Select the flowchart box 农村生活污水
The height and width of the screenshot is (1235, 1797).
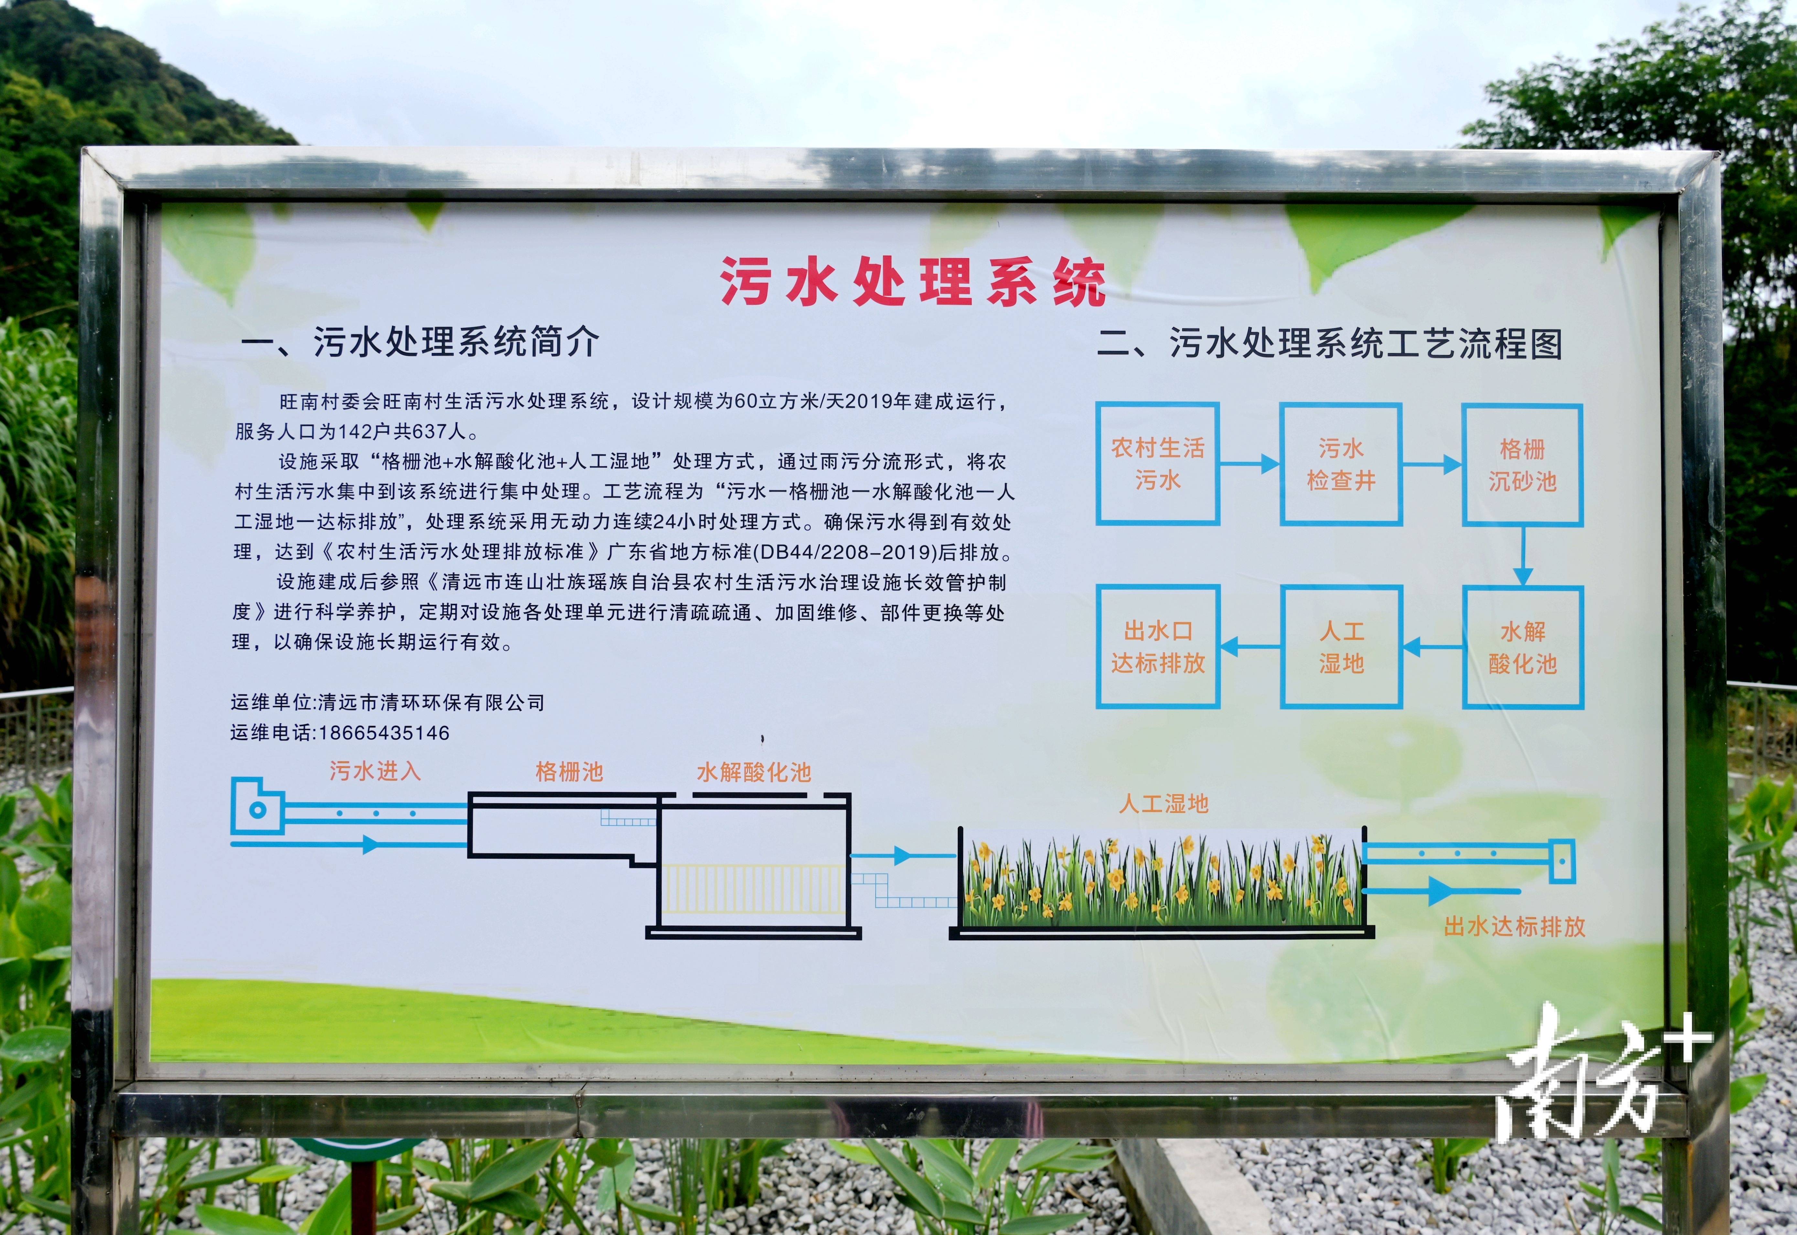click(1157, 464)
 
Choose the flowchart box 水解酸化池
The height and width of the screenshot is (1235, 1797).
click(1522, 647)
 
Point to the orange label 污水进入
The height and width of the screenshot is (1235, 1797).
click(375, 771)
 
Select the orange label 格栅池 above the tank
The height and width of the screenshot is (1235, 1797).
click(569, 771)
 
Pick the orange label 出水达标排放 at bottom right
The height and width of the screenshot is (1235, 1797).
click(1515, 926)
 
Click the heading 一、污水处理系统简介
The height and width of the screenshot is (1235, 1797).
click(420, 342)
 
